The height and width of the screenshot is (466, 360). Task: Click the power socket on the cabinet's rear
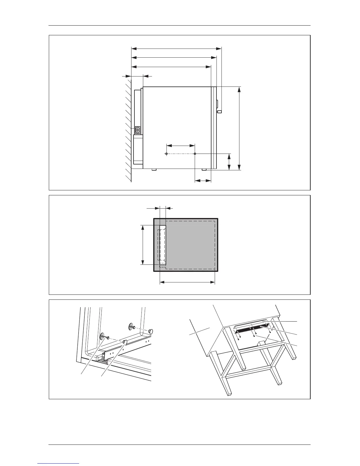pos(137,130)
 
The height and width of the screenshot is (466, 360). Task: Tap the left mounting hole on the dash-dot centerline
pos(166,154)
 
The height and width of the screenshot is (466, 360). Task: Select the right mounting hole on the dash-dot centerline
pos(195,154)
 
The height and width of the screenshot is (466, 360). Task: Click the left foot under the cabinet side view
pos(154,170)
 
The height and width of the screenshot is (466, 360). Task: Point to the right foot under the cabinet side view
pos(204,170)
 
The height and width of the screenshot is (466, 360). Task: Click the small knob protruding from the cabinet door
pos(220,112)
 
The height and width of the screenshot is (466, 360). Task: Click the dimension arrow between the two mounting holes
pos(181,145)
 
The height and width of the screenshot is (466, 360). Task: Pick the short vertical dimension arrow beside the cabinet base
pos(229,162)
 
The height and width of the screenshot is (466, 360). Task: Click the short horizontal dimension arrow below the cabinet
pos(203,181)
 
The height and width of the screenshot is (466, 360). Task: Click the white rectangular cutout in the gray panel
pos(163,245)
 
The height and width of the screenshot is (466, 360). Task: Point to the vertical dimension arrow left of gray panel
pos(143,245)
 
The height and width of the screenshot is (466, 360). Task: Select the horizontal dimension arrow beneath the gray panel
pos(187,282)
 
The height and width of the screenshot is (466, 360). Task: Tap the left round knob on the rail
pos(125,342)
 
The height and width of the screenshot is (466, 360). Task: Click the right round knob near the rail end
pos(151,331)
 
